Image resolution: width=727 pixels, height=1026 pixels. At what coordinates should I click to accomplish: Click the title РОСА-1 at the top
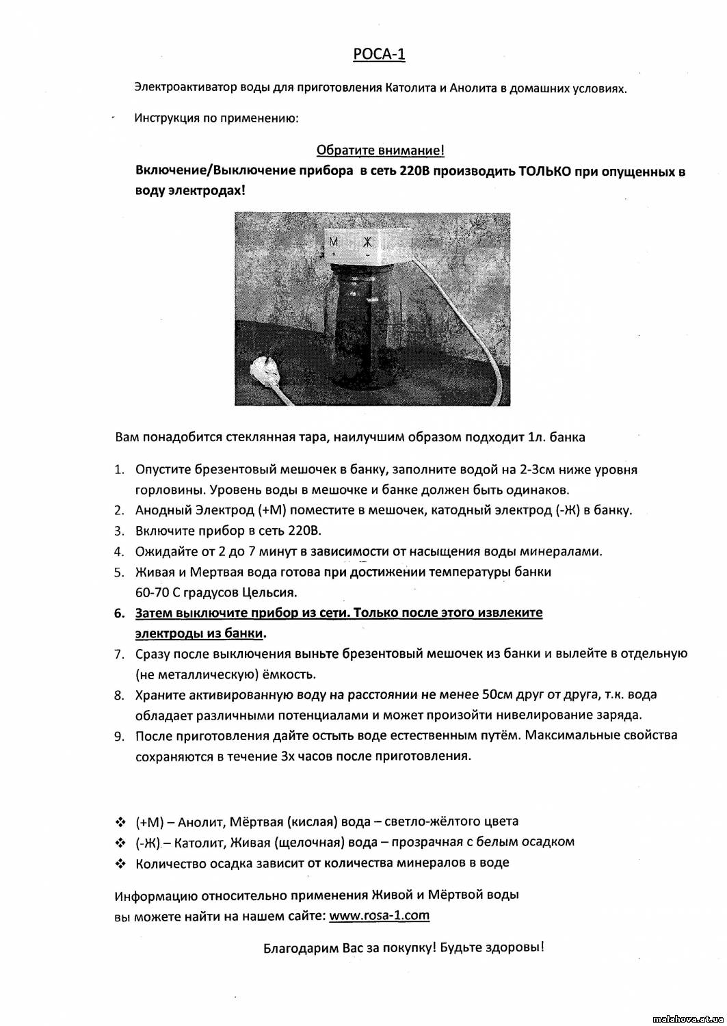click(379, 55)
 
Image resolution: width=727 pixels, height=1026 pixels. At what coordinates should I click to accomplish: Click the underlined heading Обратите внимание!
click(381, 150)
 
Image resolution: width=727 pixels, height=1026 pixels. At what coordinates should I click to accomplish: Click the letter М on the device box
click(334, 241)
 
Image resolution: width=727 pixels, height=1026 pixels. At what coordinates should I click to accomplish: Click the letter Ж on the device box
click(367, 241)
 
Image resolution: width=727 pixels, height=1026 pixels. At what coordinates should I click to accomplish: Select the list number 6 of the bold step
click(119, 613)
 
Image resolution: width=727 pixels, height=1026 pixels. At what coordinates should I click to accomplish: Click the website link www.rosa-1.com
click(379, 915)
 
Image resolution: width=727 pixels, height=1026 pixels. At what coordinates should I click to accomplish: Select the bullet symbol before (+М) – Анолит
click(120, 821)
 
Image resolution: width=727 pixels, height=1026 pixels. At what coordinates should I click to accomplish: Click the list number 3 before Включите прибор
click(119, 531)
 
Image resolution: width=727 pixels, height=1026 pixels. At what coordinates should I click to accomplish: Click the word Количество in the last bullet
click(170, 863)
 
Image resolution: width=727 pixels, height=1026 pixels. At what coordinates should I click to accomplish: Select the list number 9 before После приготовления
click(119, 736)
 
